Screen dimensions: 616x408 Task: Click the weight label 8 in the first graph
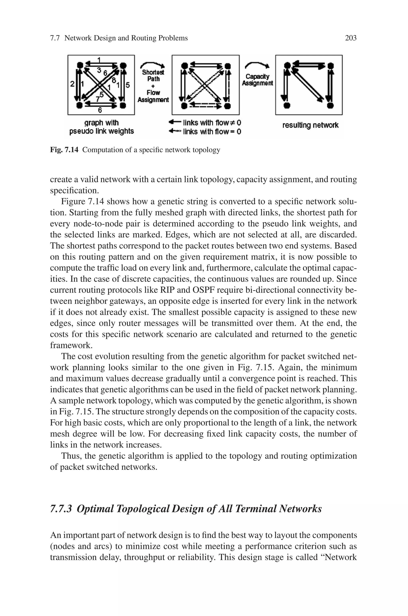pyautogui.click(x=114, y=80)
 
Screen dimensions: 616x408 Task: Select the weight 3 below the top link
pyautogui.click(x=99, y=70)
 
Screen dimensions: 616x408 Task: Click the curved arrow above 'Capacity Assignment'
pyautogui.click(x=257, y=65)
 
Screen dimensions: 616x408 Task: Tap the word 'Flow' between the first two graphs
pyautogui.click(x=153, y=93)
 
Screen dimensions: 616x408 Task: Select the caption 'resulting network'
pyautogui.click(x=310, y=125)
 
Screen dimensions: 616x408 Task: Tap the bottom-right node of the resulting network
pyautogui.click(x=330, y=105)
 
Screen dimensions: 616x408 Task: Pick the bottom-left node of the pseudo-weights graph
pyautogui.click(x=80, y=105)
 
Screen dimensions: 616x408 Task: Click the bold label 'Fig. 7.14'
pyautogui.click(x=64, y=150)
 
